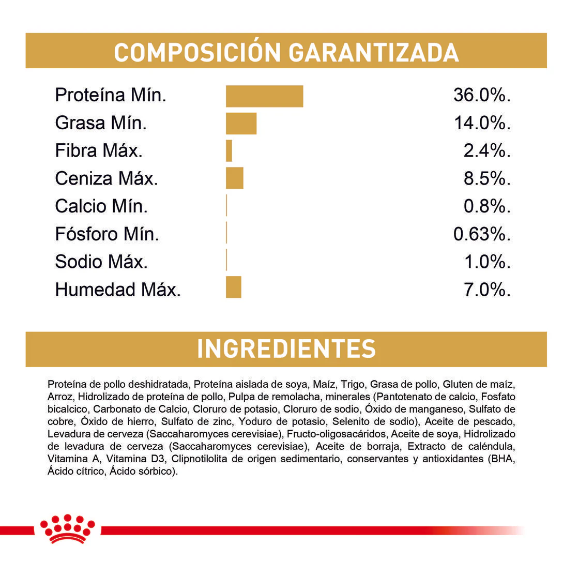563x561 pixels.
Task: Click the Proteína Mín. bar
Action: coord(264,96)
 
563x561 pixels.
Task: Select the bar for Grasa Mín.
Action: coord(241,124)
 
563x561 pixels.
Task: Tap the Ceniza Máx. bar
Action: coord(234,178)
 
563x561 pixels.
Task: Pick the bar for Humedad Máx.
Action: coord(233,287)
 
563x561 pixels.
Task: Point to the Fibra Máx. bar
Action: coord(229,151)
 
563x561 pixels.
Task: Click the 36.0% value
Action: coord(482,96)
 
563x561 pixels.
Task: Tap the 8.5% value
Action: coord(486,179)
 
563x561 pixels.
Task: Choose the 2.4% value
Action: coord(486,151)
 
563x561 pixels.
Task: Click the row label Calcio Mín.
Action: coord(101,207)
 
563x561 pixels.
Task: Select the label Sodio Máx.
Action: coord(101,262)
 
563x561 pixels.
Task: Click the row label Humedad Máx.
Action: coord(118,290)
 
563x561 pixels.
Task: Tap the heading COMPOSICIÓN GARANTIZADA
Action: coord(286,52)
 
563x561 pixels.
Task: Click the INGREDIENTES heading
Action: coord(286,349)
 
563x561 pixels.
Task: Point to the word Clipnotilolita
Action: coord(199,459)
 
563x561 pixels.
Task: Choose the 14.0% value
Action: coord(482,124)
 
